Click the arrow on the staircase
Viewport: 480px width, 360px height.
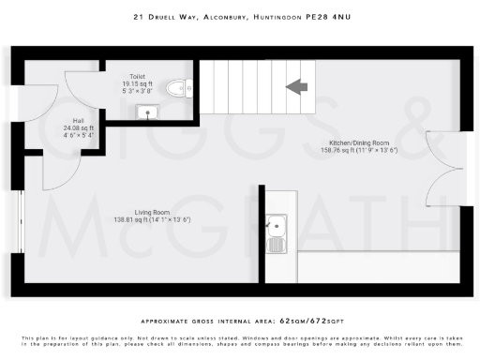298,87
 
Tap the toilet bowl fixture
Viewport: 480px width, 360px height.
175,89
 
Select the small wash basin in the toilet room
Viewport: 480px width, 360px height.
146,112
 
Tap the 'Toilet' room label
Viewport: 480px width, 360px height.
138,75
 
